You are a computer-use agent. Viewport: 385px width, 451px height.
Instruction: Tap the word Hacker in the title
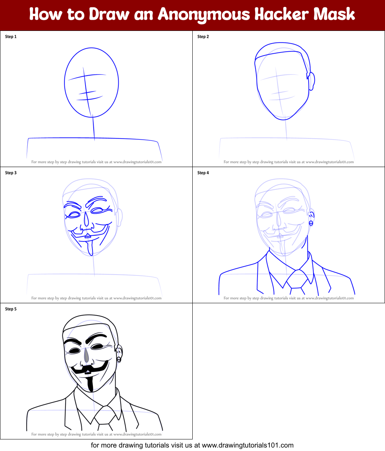[x=281, y=14]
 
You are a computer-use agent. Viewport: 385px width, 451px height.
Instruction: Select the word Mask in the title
[x=334, y=14]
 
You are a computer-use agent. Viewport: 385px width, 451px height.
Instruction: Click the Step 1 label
[x=11, y=37]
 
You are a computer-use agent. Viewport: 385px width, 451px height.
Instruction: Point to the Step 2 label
[x=203, y=37]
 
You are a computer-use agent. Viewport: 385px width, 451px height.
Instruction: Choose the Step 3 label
[x=11, y=173]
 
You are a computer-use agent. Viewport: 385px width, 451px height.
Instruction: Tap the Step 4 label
[x=203, y=173]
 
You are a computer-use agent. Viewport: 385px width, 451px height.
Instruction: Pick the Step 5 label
[x=11, y=309]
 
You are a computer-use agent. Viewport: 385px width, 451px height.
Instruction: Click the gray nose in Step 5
[x=86, y=355]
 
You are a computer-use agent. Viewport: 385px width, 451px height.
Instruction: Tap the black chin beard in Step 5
[x=90, y=384]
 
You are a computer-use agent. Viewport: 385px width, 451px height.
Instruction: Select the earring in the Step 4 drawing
[x=311, y=223]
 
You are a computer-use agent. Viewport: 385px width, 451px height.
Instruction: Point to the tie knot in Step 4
[x=297, y=279]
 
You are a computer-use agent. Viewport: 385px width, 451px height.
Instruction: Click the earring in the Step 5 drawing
[x=119, y=360]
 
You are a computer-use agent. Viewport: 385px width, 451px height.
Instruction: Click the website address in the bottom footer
[x=248, y=445]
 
